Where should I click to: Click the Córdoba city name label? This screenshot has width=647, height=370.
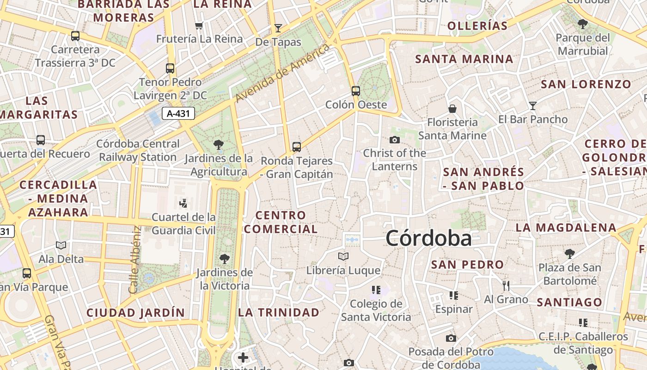click(x=428, y=239)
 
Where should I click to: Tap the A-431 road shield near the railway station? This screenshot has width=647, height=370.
click(x=178, y=113)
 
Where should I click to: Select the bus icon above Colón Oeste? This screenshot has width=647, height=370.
click(x=355, y=91)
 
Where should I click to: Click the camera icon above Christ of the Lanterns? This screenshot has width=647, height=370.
click(x=394, y=140)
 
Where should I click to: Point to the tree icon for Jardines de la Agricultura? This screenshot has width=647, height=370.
click(x=219, y=145)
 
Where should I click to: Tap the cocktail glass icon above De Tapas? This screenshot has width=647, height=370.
click(x=278, y=28)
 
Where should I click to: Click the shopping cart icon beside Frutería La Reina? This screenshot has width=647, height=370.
click(x=199, y=25)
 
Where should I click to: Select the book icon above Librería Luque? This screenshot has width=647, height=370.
click(x=343, y=256)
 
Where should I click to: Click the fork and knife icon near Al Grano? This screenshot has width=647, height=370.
click(x=506, y=285)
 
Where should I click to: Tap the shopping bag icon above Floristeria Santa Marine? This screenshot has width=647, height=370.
click(x=452, y=109)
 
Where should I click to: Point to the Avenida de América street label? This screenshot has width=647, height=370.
click(x=283, y=73)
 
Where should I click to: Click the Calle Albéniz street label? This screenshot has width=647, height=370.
click(x=134, y=259)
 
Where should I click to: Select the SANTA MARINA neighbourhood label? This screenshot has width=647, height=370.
click(x=464, y=59)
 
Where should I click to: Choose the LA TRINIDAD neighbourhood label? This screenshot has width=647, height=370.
click(x=279, y=312)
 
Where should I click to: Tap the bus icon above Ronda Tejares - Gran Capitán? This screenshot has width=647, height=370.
click(x=296, y=147)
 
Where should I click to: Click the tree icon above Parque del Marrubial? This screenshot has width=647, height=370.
click(x=582, y=24)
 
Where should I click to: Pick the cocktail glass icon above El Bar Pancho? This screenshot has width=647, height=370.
click(x=532, y=106)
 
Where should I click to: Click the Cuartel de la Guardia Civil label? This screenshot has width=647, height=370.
click(x=183, y=223)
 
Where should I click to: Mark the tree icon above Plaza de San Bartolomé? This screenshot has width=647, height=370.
click(x=569, y=253)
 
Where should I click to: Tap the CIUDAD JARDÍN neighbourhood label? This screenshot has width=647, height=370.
click(x=135, y=313)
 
